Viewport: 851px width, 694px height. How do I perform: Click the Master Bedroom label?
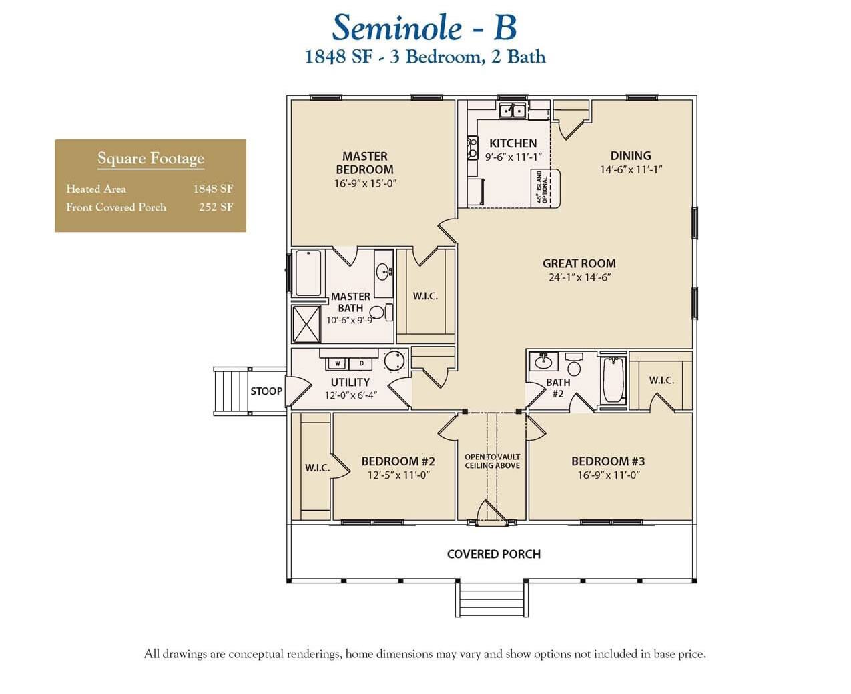(364, 163)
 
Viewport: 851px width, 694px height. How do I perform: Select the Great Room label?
(579, 263)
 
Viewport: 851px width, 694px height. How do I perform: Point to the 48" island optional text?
(543, 187)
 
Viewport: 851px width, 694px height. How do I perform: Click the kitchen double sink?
(512, 110)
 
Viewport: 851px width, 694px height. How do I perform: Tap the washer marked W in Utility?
(338, 363)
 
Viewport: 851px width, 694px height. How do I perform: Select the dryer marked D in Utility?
(362, 363)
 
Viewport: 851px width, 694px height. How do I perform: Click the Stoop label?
(266, 391)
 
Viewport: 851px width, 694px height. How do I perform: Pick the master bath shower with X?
(306, 324)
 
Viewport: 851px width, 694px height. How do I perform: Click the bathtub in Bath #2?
(613, 380)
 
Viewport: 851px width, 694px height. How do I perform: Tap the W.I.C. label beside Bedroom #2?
(318, 468)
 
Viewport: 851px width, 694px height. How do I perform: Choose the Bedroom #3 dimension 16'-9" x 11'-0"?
(609, 475)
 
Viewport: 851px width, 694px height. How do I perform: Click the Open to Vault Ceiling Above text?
(493, 461)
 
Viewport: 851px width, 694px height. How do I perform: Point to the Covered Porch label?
(493, 554)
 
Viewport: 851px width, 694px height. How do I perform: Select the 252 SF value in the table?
(216, 207)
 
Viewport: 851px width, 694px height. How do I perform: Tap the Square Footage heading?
(151, 159)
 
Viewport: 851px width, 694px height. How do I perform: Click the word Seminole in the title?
(396, 28)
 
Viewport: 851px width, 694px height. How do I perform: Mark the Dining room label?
(630, 155)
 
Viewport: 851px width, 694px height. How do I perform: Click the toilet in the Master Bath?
(378, 312)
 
